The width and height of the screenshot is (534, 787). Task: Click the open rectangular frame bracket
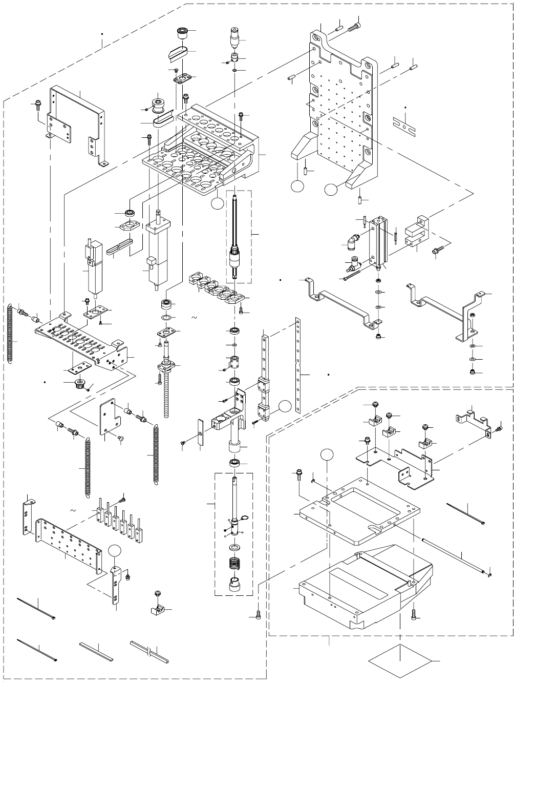pos(77,126)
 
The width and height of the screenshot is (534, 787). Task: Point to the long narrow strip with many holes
pos(297,365)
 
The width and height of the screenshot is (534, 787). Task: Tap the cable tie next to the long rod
pos(466,514)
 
